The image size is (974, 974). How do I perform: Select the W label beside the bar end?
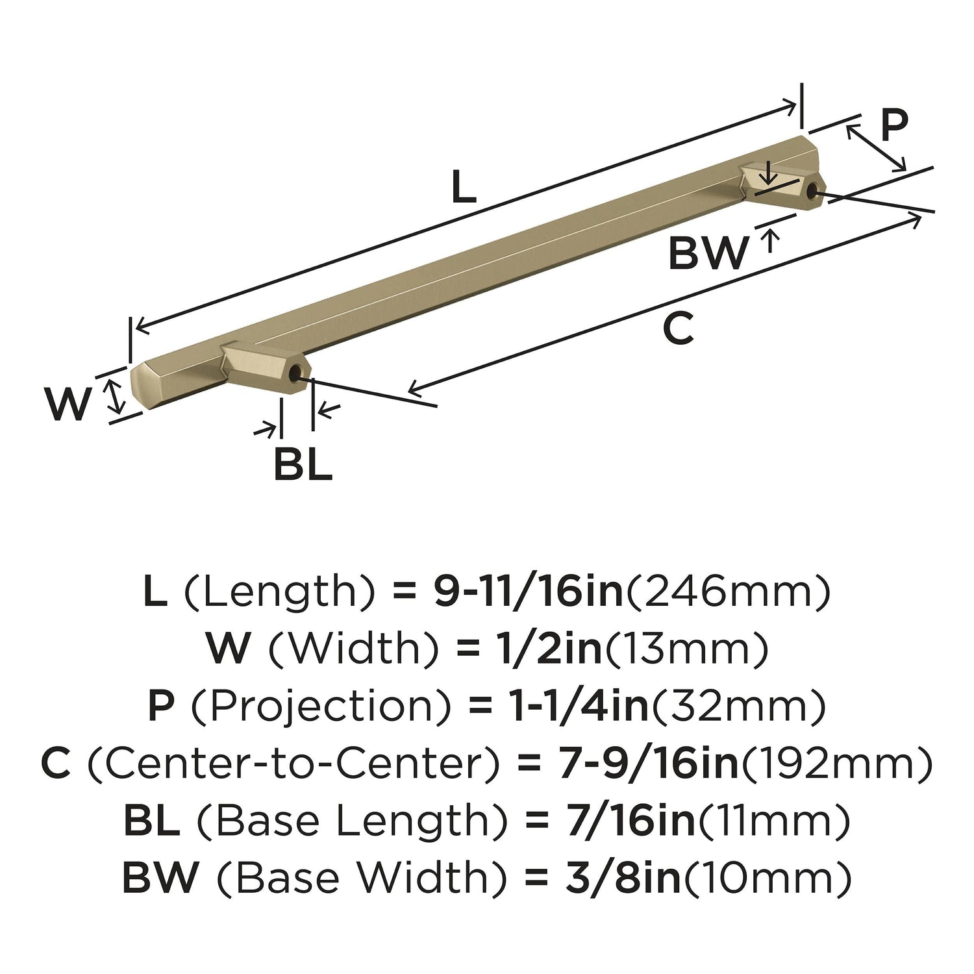68,404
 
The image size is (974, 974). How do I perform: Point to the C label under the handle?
679,329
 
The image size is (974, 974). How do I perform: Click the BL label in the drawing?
303,464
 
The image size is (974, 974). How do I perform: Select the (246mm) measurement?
727,593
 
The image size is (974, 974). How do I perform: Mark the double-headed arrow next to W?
115,396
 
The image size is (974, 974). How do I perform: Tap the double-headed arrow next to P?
876,148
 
